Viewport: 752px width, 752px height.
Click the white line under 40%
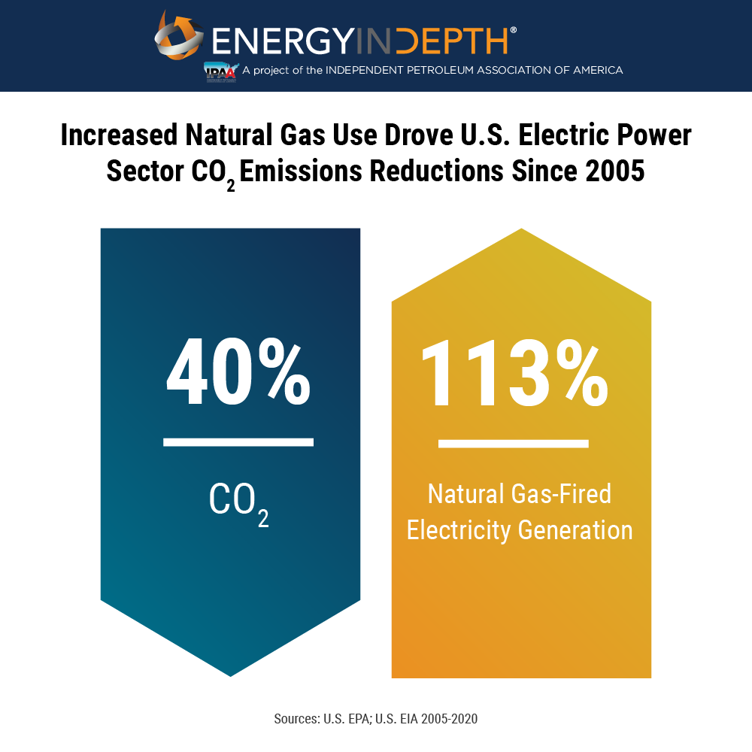238,442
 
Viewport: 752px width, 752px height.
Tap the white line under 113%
514,444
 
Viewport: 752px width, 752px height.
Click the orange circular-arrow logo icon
179,35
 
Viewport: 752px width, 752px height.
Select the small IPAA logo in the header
221,71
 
